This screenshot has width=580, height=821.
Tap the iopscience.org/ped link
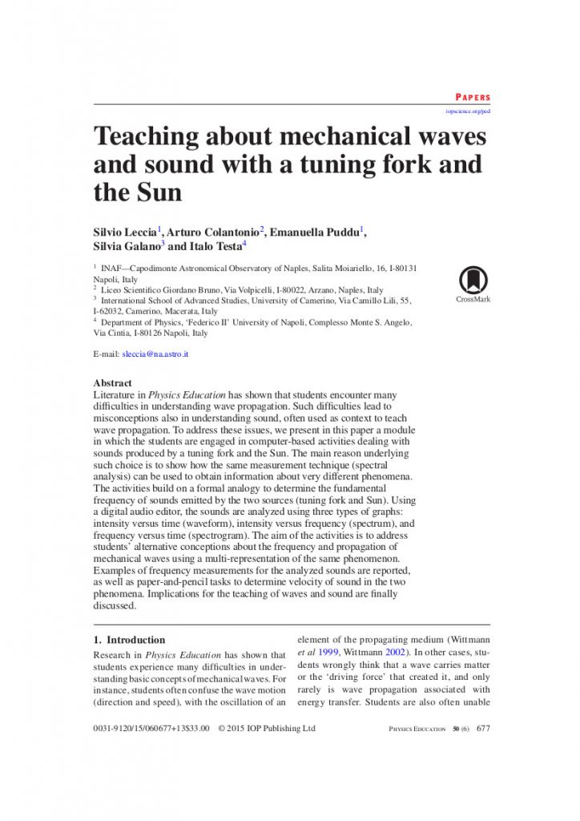point(468,111)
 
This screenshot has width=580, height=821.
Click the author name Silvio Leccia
point(125,233)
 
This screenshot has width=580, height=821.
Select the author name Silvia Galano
point(127,247)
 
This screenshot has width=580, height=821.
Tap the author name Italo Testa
point(215,247)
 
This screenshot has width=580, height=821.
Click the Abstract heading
point(113,383)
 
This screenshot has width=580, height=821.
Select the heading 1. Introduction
point(130,640)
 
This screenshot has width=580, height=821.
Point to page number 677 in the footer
point(483,729)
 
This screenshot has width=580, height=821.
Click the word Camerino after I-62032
point(136,311)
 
